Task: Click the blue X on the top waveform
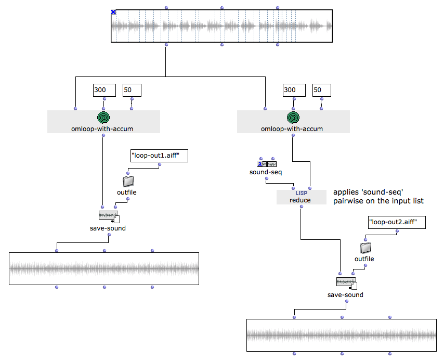pos(113,12)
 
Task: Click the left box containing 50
pos(132,90)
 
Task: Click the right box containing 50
pos(321,90)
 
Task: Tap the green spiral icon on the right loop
pos(293,117)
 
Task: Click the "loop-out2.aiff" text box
pos(396,223)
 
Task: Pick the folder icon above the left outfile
pos(127,181)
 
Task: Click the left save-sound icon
pos(109,216)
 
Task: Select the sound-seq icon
pos(267,164)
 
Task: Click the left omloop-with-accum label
pos(103,128)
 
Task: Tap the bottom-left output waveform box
pos(104,268)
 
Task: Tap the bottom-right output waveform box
pos(342,336)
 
